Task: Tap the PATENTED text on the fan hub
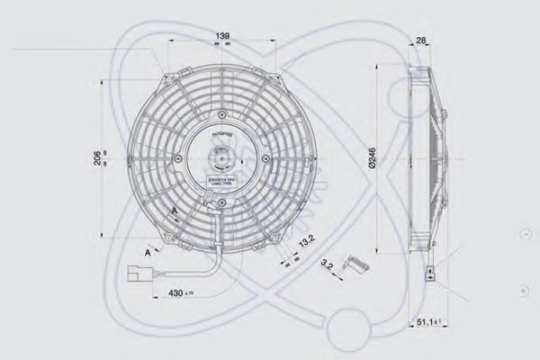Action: point(221,133)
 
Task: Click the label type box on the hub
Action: point(221,184)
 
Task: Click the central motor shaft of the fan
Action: point(221,163)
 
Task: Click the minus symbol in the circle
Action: point(526,234)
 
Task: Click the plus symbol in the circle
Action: point(526,292)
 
